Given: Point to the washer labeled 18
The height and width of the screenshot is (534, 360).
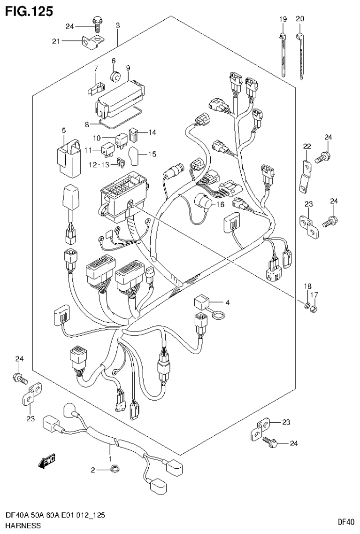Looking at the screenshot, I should tap(306, 307).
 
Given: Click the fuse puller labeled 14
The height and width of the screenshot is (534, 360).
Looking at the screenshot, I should tap(132, 136).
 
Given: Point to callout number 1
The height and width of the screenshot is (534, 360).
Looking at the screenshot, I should tap(109, 457).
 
